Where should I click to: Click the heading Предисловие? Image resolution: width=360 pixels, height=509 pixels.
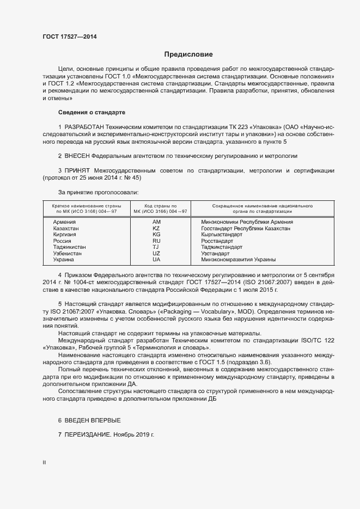coord(188,54)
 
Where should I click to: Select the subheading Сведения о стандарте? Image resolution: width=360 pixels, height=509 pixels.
coord(91,112)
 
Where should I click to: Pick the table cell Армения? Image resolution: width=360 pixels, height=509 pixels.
coord(64,222)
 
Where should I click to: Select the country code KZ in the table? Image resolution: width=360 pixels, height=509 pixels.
coord(157,229)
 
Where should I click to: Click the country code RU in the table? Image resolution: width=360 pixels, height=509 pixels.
coord(157,241)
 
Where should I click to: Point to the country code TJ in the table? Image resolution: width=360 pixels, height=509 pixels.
coord(157,247)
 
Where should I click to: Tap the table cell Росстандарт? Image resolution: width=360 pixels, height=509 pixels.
coord(217,241)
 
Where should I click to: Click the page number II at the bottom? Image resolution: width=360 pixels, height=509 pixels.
coord(45,463)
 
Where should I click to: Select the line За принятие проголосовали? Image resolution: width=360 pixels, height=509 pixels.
coord(98,192)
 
